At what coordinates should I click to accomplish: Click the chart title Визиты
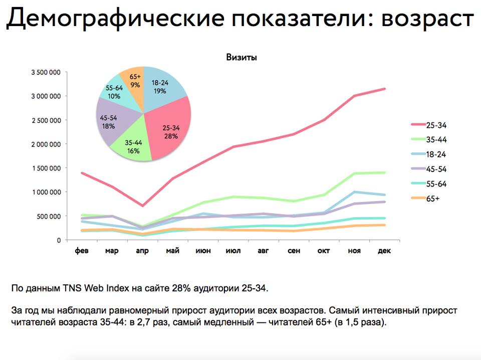(242, 58)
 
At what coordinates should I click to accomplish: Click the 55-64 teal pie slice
(115, 91)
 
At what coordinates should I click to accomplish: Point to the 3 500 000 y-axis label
(46, 72)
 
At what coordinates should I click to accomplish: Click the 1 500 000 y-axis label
(46, 168)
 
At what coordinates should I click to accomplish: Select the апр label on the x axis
(142, 251)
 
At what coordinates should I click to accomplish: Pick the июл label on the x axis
(232, 251)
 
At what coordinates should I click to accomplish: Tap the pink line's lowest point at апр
(142, 206)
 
